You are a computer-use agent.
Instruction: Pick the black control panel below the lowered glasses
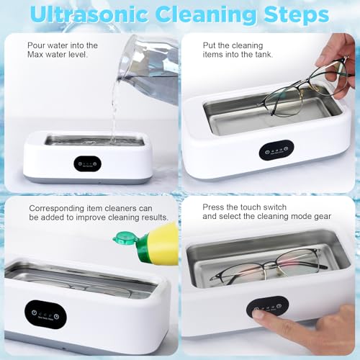(x=276, y=149)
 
